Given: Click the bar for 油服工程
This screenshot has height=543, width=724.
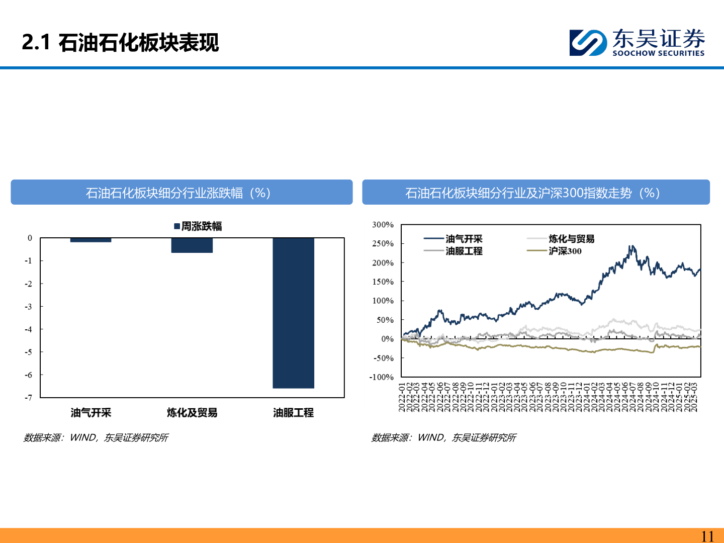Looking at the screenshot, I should coord(293,313).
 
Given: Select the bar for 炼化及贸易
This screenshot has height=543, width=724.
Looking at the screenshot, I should coord(192,245).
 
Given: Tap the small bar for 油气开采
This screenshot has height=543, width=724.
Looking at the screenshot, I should coord(90,240).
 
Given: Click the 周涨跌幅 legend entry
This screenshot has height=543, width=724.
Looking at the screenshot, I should coord(198,226).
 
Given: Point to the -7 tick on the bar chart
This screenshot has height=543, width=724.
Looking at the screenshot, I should coord(29,398).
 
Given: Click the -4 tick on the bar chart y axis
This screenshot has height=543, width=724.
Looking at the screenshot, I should coord(29,329).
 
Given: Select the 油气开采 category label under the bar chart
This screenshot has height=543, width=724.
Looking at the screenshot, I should coord(90,413).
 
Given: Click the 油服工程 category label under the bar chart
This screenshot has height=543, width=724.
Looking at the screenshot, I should coord(293,413).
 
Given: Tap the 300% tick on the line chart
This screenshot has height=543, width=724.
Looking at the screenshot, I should coord(383,225).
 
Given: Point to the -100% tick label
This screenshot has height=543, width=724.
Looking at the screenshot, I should coord(382,377).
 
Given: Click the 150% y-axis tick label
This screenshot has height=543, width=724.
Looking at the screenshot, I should coord(383,282).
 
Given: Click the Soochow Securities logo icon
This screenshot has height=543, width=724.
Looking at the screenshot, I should coord(588,42).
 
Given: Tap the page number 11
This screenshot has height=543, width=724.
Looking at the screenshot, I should coord(707,536).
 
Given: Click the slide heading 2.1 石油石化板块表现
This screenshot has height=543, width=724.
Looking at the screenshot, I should coord(121,42).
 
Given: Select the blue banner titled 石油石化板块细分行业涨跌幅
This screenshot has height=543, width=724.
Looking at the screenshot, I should coord(182,193).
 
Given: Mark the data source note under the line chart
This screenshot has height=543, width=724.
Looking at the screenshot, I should coord(443,438).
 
